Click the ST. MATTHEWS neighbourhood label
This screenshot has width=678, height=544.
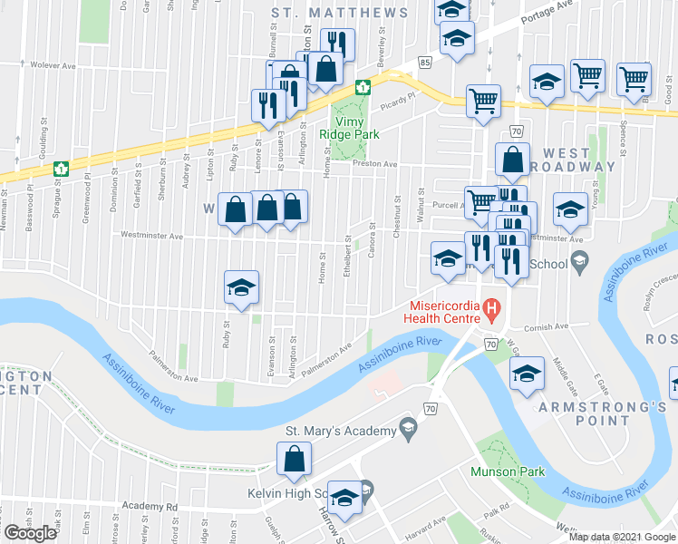340,13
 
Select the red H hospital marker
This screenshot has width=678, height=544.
492,309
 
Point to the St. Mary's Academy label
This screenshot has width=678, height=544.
337,430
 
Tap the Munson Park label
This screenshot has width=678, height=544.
507,471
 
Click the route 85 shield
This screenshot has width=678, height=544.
425,61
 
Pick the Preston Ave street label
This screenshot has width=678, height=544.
379,164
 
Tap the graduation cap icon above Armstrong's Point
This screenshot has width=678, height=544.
526,374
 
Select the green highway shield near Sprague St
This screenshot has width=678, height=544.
63,168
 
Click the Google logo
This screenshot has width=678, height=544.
31,533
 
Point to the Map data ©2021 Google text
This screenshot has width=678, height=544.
622,537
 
